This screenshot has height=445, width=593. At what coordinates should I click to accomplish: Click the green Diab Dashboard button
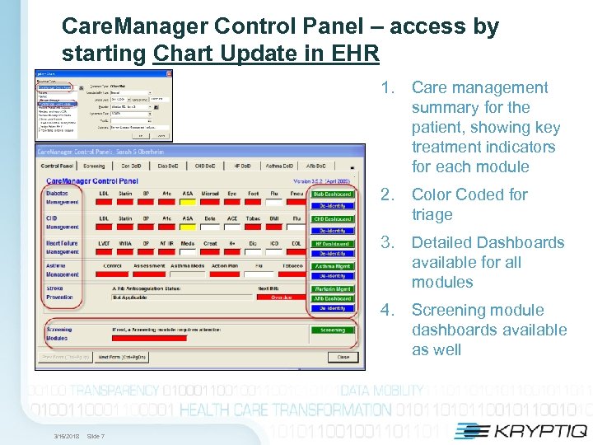point(332,194)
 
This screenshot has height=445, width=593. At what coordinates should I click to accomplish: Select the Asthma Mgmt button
point(332,267)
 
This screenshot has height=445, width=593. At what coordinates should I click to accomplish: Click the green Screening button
point(332,330)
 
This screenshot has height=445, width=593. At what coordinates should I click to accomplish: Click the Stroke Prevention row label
point(63,293)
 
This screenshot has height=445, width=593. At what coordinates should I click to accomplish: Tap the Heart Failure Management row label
point(63,247)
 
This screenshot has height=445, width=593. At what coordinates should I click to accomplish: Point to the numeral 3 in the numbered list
point(385,243)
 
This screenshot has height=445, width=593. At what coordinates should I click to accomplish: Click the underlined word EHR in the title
point(356,54)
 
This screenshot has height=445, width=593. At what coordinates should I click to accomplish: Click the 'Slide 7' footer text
point(96,437)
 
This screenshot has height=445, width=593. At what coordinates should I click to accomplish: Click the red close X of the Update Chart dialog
point(169,73)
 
